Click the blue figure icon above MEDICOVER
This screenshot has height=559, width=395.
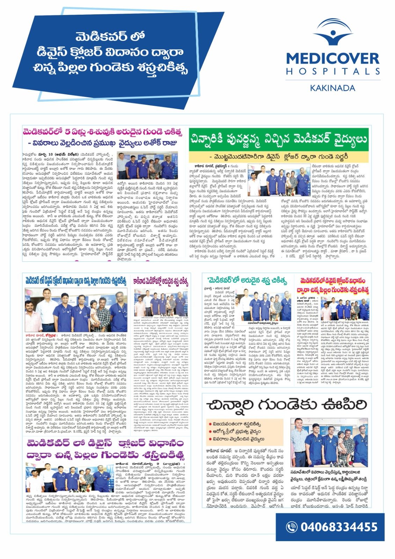pyautogui.click(x=332, y=32)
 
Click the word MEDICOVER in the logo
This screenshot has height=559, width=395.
pyautogui.click(x=332, y=58)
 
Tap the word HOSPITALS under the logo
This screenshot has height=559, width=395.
pyautogui.click(x=332, y=71)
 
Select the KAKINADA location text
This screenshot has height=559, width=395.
pyautogui.click(x=332, y=88)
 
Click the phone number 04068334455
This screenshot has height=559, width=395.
pyautogui.click(x=339, y=527)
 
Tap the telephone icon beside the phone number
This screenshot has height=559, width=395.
pyautogui.click(x=291, y=527)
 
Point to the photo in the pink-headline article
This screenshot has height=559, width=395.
pyautogui.click(x=147, y=166)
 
